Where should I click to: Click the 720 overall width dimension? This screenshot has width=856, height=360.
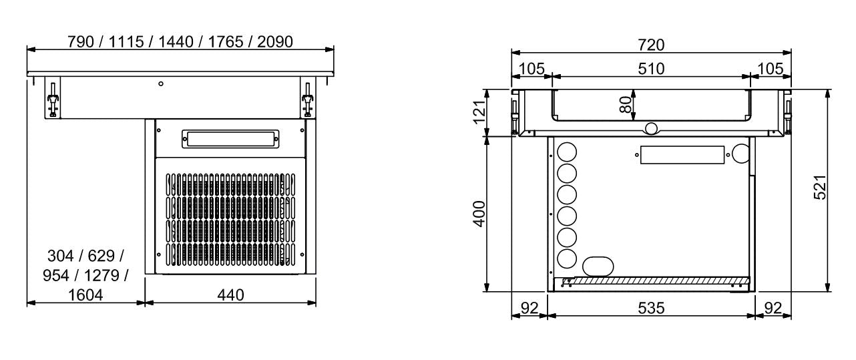[651, 45]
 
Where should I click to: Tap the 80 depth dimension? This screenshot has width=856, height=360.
[626, 105]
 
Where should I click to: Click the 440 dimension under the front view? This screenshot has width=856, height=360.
[230, 295]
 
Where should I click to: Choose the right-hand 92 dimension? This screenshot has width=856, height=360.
[773, 309]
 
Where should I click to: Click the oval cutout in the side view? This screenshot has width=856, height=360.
[596, 266]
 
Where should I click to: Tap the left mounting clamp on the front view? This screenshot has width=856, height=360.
[52, 100]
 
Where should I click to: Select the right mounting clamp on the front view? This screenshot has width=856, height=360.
[307, 100]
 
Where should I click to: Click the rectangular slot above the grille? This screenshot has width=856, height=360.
[230, 139]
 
